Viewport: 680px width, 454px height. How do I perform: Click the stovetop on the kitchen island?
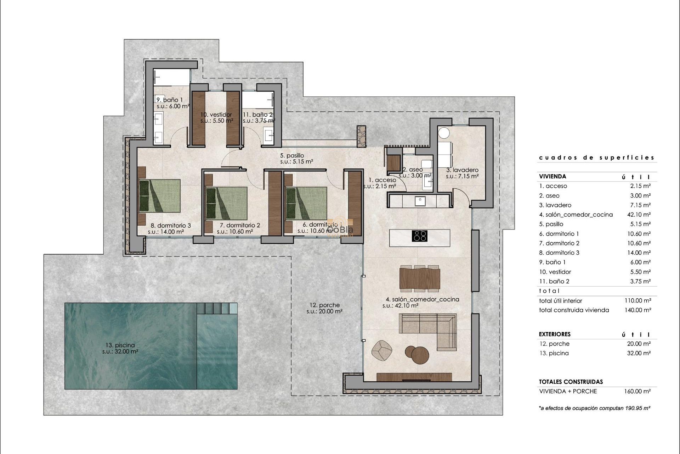420,236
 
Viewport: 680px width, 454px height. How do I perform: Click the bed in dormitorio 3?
159,196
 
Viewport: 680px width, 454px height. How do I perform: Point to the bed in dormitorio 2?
227,203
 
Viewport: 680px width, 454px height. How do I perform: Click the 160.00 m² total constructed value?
637,392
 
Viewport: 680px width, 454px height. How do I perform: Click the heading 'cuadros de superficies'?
596,157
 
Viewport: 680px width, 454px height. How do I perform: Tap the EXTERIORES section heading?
555,334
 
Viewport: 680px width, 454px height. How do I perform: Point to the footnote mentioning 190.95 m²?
594,408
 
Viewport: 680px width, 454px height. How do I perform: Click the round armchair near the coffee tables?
382,351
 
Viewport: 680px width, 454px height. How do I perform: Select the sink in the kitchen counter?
420,201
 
